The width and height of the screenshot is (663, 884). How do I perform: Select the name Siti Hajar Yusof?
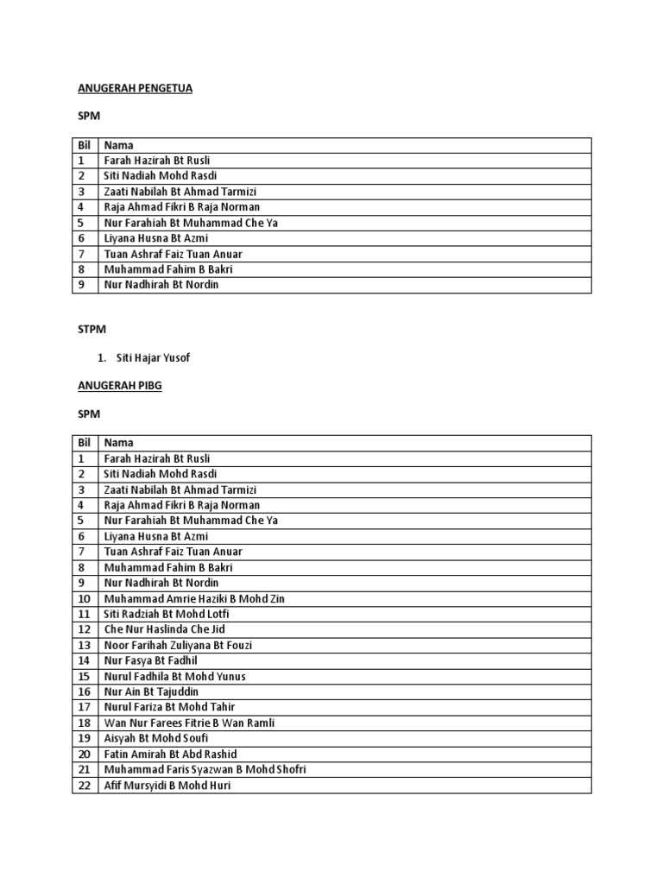coord(154,358)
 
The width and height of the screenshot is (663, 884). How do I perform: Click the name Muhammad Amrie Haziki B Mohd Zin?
coord(194,598)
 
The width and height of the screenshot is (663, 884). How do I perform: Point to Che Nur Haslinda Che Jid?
coord(164,629)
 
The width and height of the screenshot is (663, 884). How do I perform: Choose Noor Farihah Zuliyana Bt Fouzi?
coord(178,645)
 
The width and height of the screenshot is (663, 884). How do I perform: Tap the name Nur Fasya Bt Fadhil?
coord(151,660)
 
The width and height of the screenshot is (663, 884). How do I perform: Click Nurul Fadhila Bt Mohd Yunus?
coord(175,676)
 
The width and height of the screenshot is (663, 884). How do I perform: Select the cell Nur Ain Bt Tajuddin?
coord(151,691)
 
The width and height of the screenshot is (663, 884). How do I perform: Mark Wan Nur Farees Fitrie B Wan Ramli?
coord(190,723)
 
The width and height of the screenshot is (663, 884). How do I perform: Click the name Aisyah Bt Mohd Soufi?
coord(156,738)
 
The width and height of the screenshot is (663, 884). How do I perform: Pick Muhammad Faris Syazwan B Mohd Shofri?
coord(205,769)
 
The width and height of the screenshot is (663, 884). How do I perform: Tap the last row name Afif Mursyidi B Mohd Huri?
coord(167,786)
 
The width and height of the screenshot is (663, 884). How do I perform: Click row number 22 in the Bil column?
coord(84,786)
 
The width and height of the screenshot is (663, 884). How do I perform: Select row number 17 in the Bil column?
coord(84,707)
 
